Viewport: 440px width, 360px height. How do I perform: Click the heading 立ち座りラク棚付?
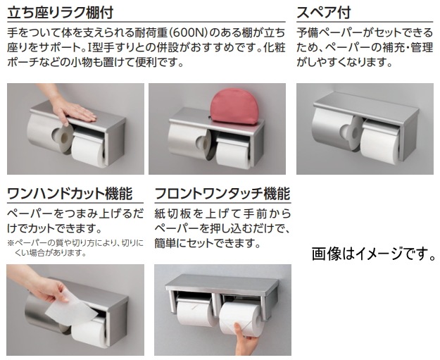[61, 13]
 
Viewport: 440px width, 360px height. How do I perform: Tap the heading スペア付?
[324, 13]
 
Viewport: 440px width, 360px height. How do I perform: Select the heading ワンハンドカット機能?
[70, 194]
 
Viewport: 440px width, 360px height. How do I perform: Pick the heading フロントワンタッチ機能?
[222, 194]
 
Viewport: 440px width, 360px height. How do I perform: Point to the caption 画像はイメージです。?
[374, 254]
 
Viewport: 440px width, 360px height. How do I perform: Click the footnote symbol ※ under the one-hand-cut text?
[11, 243]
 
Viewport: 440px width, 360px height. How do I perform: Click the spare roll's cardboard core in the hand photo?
[63, 137]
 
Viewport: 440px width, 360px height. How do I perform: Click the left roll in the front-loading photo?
[194, 313]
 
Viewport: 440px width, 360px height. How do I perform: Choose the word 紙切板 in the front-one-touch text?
[172, 214]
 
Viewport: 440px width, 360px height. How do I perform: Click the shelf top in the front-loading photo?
[222, 283]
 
